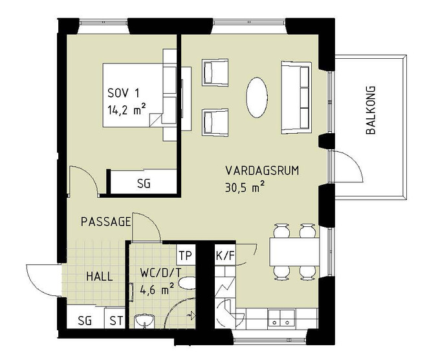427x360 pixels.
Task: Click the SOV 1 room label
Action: click(124, 93)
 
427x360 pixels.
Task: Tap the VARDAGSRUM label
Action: click(262, 171)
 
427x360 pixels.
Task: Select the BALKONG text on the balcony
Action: click(371, 111)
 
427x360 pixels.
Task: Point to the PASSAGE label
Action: click(106, 222)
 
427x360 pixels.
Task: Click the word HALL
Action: click(100, 277)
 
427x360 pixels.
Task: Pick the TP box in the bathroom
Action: click(186, 255)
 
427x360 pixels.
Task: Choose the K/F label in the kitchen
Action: click(225, 256)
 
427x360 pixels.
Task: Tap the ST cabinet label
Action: click(116, 321)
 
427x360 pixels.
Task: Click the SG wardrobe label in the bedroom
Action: click(144, 184)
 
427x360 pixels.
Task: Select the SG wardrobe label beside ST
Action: click(85, 321)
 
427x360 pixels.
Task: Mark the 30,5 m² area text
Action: click(245, 187)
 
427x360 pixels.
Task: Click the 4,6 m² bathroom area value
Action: click(157, 289)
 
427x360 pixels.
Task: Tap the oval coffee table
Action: click(257, 98)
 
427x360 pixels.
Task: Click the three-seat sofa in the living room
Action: click(296, 98)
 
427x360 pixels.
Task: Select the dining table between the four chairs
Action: click(294, 251)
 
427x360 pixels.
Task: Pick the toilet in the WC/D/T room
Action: click(188, 283)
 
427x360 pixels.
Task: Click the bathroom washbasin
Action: click(144, 321)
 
